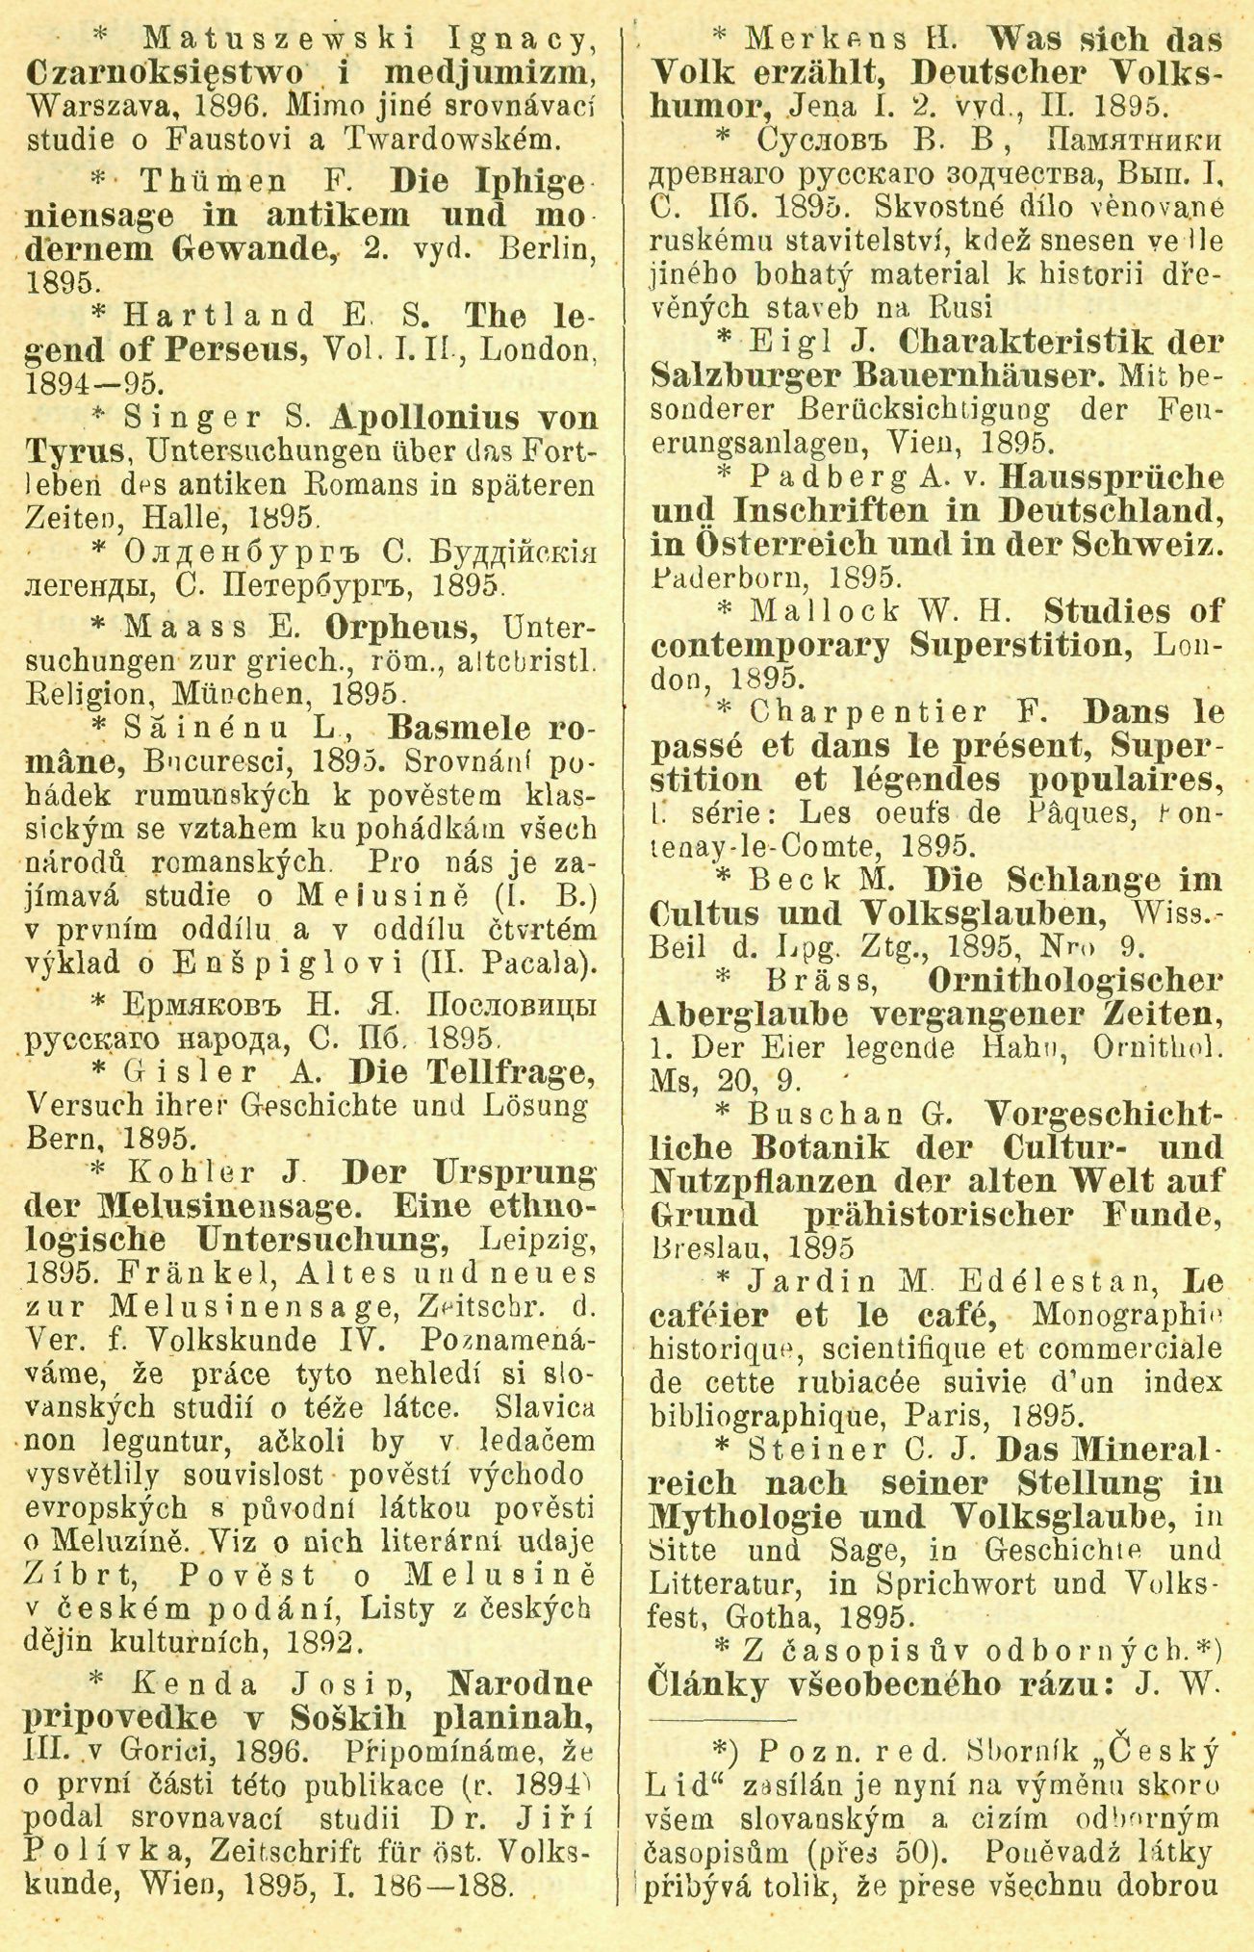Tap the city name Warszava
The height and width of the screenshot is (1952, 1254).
92,106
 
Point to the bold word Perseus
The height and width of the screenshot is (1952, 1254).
224,349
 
